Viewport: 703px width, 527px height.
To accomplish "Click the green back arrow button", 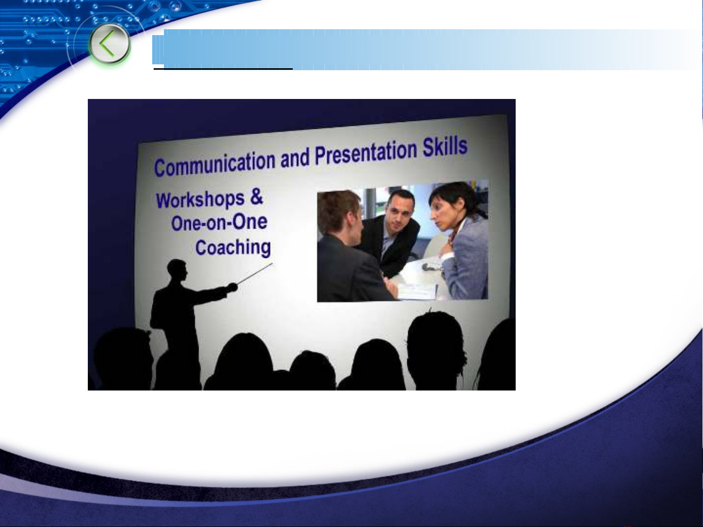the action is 110,43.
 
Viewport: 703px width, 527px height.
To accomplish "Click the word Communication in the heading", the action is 215,164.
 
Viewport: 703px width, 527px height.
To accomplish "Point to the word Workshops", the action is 200,200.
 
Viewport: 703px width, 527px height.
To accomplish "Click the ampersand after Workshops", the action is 257,196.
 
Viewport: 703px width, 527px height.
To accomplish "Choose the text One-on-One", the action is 220,222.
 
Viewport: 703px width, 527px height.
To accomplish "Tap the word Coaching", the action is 233,248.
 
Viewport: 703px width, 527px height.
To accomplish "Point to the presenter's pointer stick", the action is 255,273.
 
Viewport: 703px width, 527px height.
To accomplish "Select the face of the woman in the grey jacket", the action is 443,215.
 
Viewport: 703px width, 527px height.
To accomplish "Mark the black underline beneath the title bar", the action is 223,68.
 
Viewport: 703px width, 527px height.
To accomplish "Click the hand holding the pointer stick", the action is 232,287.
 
